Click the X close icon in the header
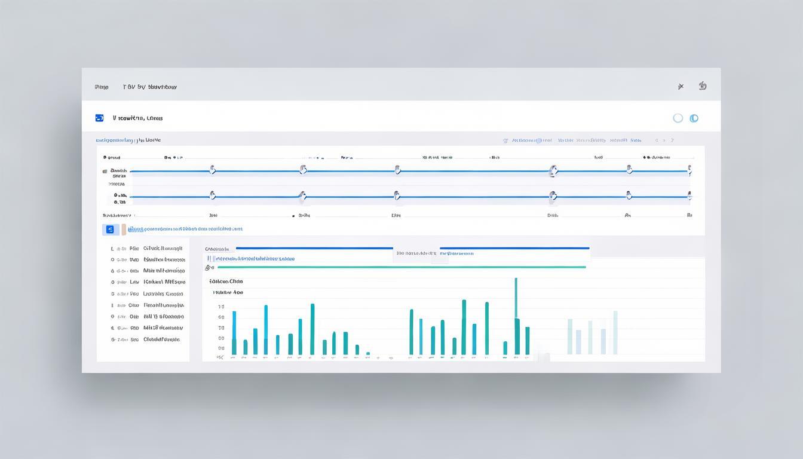click(x=681, y=87)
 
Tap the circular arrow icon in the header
click(x=703, y=86)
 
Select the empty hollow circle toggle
click(x=678, y=118)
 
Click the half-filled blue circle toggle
click(x=694, y=118)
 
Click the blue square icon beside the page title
click(x=99, y=118)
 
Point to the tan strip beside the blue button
click(x=124, y=229)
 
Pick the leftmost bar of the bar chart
click(x=234, y=332)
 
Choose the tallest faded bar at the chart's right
click(x=615, y=332)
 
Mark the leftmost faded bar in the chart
click(x=570, y=336)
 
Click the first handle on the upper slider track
click(x=212, y=170)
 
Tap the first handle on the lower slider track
click(x=212, y=195)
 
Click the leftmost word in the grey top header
click(x=102, y=87)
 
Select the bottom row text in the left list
click(x=161, y=339)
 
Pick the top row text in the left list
click(x=163, y=248)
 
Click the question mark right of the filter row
click(x=672, y=140)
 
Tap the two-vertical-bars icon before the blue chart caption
click(x=209, y=259)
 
